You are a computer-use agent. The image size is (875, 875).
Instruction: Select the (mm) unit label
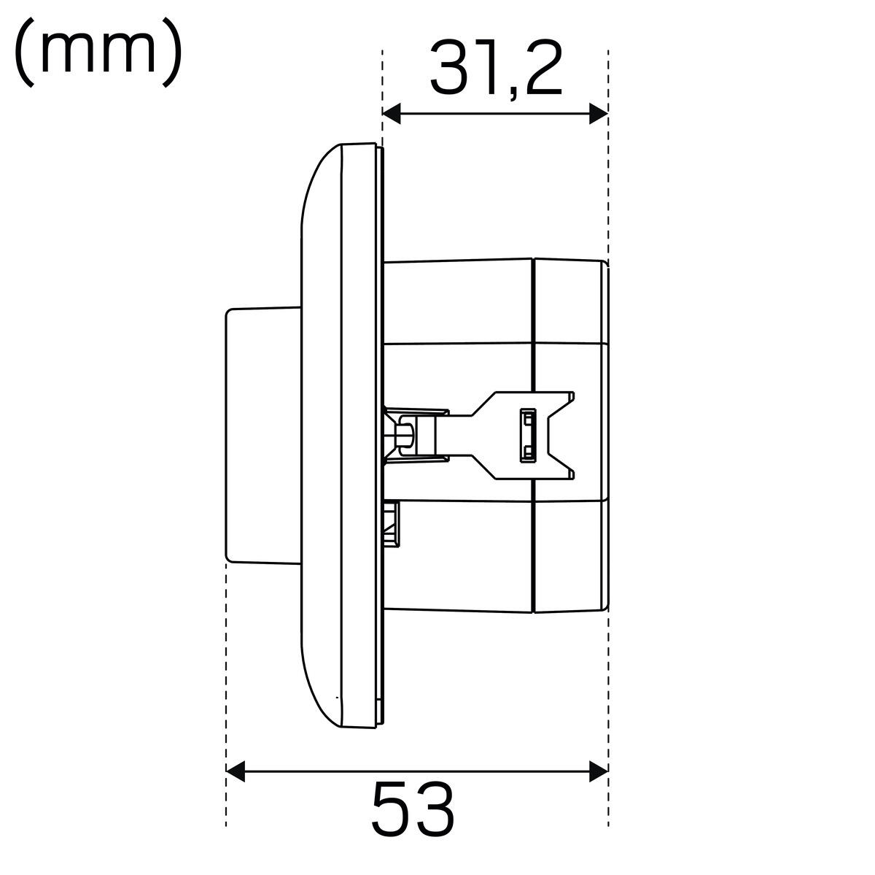click(98, 53)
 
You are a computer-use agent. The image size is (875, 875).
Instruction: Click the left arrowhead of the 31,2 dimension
click(392, 114)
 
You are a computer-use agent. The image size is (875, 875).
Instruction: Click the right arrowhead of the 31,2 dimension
click(599, 114)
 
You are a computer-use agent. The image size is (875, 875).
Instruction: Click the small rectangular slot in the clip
click(528, 436)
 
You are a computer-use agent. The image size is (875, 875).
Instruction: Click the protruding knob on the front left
click(263, 436)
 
